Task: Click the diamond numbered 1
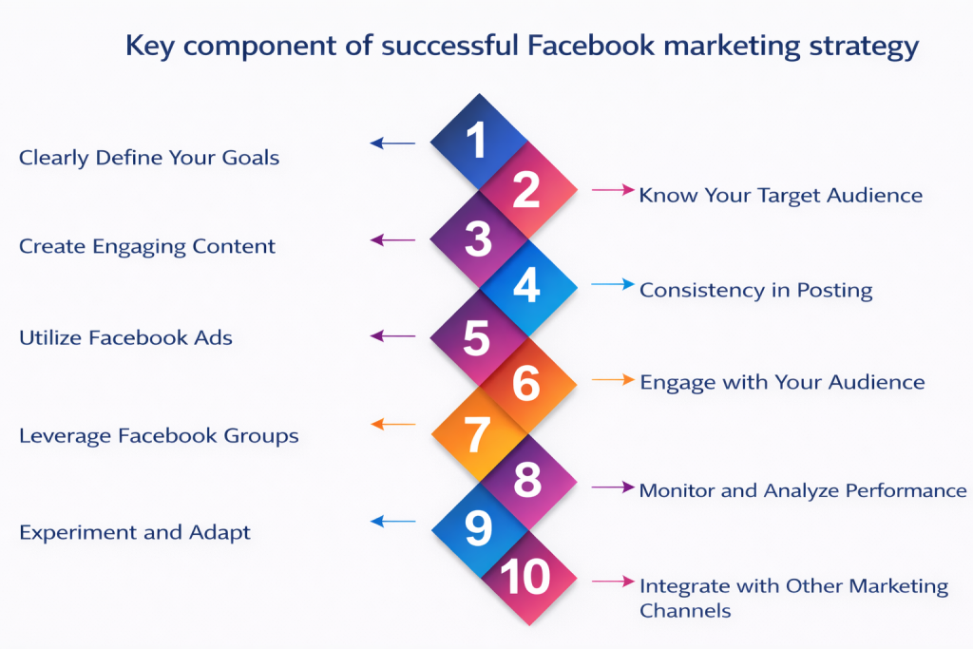(x=477, y=142)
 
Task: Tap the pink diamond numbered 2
(x=526, y=190)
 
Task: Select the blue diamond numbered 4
(x=526, y=287)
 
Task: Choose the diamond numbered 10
(x=526, y=578)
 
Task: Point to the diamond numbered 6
(x=526, y=383)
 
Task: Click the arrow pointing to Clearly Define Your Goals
(x=392, y=143)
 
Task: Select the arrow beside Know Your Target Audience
(x=613, y=190)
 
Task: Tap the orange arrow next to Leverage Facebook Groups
(x=392, y=425)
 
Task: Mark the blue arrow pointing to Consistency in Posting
(x=613, y=283)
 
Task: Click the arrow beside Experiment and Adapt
(x=392, y=521)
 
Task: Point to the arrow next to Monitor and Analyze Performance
(x=613, y=487)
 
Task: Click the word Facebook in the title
(x=574, y=47)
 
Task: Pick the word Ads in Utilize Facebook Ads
(x=217, y=337)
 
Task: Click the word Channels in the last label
(x=684, y=610)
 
